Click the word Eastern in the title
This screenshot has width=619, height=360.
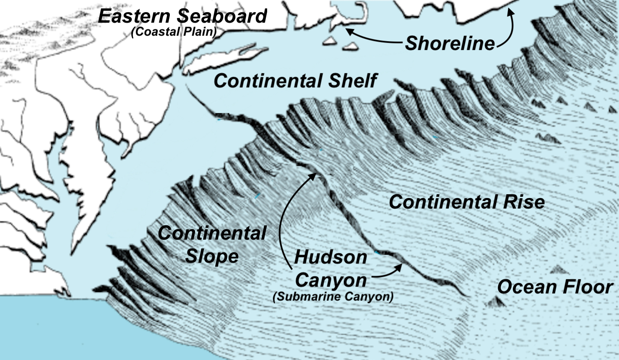(x=135, y=16)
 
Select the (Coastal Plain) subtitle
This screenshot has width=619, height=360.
(x=174, y=32)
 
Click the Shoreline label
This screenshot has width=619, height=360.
(x=450, y=43)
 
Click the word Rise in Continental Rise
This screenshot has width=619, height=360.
(x=524, y=202)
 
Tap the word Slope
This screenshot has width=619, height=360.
(x=212, y=256)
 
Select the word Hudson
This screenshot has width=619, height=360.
(x=330, y=257)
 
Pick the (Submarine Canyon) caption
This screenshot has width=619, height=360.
(x=333, y=297)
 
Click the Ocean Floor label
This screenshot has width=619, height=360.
(x=554, y=287)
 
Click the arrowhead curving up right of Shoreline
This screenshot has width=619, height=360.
(x=510, y=11)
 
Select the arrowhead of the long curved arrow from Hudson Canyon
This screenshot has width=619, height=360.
(x=313, y=175)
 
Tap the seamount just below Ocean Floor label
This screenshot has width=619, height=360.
(x=496, y=301)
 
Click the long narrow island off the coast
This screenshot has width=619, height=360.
(x=226, y=60)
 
